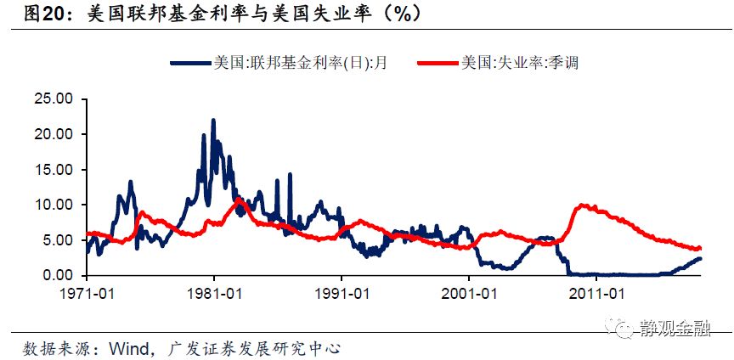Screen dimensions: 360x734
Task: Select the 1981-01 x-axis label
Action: (x=213, y=293)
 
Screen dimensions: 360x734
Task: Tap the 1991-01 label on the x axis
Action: (x=342, y=293)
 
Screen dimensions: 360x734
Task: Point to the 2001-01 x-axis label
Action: (x=469, y=293)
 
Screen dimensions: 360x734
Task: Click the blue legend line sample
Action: (x=189, y=62)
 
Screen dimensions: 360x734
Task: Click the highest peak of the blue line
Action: (x=213, y=121)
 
